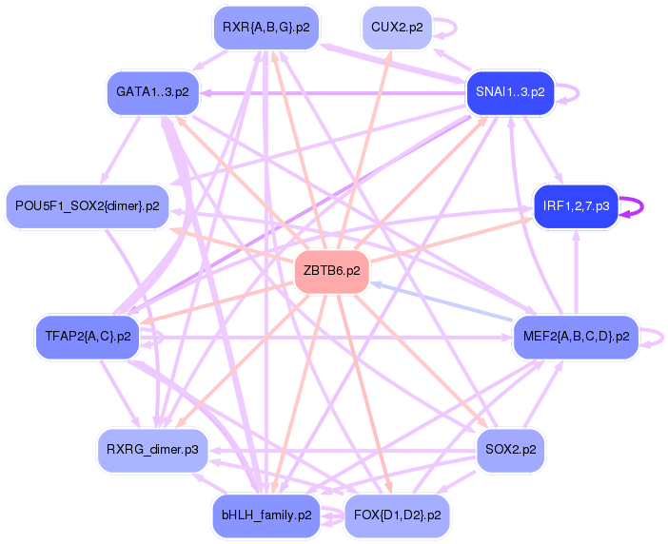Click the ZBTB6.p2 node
pyautogui.click(x=331, y=271)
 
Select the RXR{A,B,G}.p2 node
pyautogui.click(x=265, y=27)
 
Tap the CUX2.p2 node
pyautogui.click(x=397, y=27)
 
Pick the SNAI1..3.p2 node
pyautogui.click(x=510, y=92)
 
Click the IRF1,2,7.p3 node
pyautogui.click(x=576, y=206)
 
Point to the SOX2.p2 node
pyautogui.click(x=510, y=449)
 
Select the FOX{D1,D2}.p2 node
pyautogui.click(x=397, y=515)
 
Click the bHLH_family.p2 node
pyautogui.click(x=265, y=515)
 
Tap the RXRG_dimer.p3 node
pyautogui.click(x=152, y=449)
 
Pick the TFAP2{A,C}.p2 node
pyautogui.click(x=87, y=336)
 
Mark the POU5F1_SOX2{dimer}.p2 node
pyautogui.click(x=87, y=206)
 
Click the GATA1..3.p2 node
pyautogui.click(x=152, y=92)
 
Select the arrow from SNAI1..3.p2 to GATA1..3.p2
pyautogui.click(x=333, y=92)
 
